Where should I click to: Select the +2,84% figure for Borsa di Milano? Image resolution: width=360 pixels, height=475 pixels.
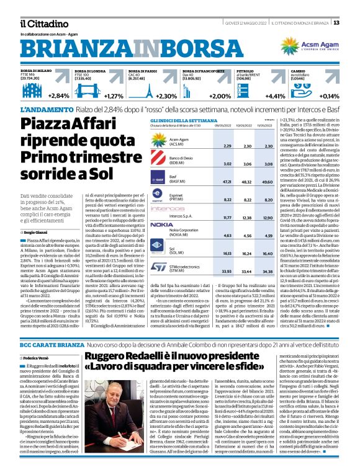coord(59,96)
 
